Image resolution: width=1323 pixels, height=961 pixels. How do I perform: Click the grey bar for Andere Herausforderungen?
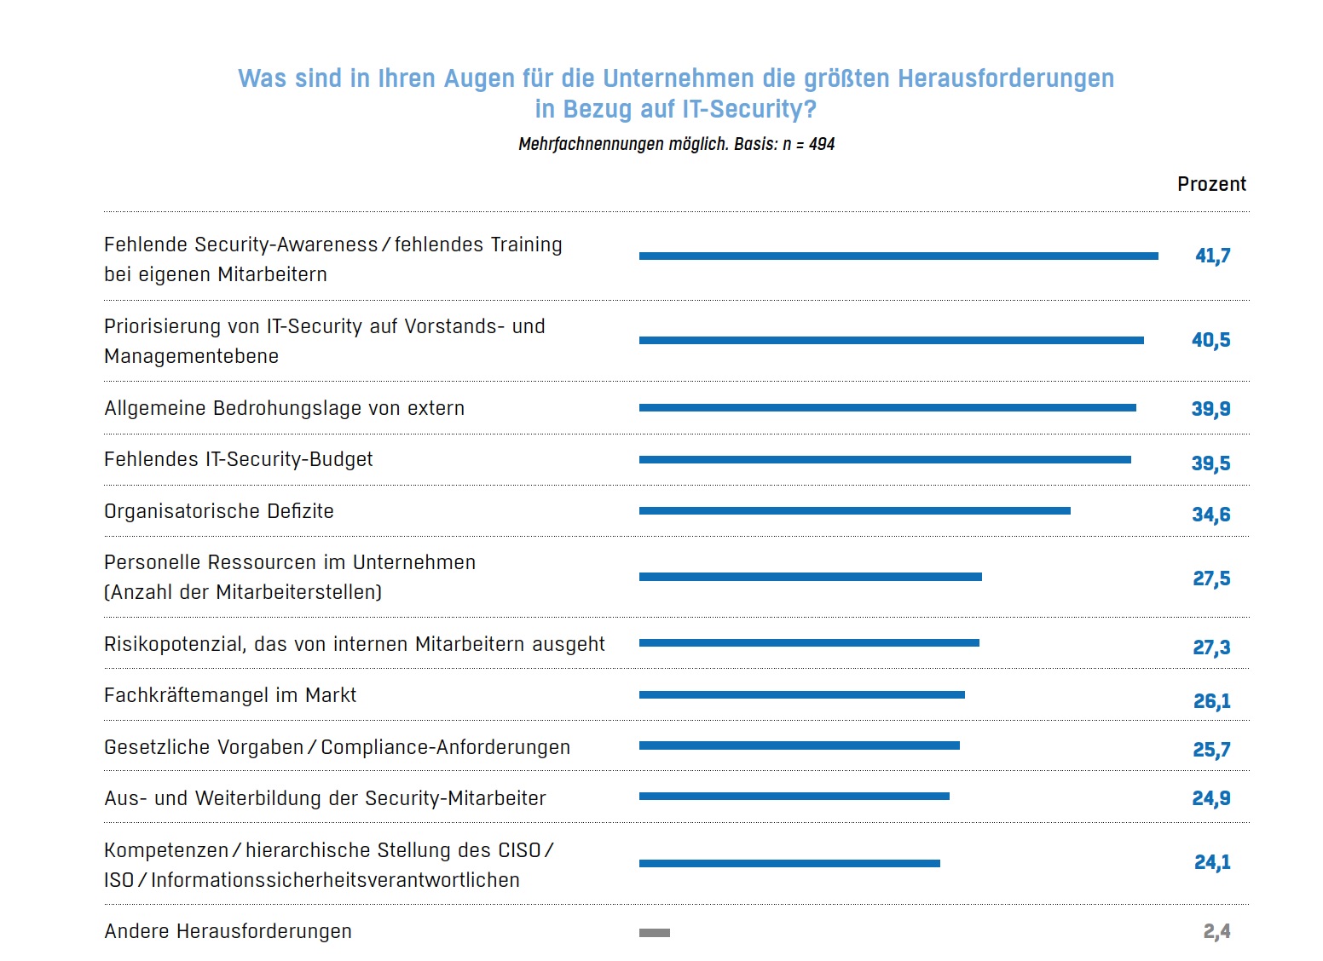pyautogui.click(x=655, y=933)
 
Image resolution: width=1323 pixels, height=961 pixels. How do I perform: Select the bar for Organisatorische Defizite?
pyautogui.click(x=854, y=511)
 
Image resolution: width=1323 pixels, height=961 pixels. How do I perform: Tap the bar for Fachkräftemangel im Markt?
pyautogui.click(x=801, y=695)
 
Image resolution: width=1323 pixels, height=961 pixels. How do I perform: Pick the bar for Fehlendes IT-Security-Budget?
pyautogui.click(x=885, y=460)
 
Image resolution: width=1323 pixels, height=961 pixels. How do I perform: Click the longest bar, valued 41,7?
pyautogui.click(x=898, y=256)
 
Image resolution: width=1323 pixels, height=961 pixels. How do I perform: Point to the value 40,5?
pyautogui.click(x=1210, y=340)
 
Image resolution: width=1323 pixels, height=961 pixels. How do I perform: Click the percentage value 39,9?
pyautogui.click(x=1210, y=409)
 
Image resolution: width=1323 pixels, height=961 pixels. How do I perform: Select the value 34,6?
pyautogui.click(x=1210, y=515)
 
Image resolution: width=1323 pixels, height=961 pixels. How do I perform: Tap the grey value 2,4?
pyautogui.click(x=1216, y=931)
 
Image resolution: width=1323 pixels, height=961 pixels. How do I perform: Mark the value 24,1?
pyautogui.click(x=1212, y=862)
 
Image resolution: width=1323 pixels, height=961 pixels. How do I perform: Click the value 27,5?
pyautogui.click(x=1211, y=578)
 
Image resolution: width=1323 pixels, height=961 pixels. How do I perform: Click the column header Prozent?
pyautogui.click(x=1211, y=184)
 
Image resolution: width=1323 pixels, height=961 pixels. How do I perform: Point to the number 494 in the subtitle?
pyautogui.click(x=822, y=144)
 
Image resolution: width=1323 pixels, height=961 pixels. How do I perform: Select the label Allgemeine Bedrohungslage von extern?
pyautogui.click(x=284, y=408)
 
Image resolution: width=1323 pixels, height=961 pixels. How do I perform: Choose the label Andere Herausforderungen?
pyautogui.click(x=228, y=931)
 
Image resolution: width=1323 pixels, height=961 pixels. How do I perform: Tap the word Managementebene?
pyautogui.click(x=191, y=356)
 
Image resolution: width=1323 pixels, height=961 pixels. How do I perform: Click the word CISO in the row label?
pyautogui.click(x=521, y=850)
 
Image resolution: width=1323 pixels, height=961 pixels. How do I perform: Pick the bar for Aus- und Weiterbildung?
pyautogui.click(x=794, y=797)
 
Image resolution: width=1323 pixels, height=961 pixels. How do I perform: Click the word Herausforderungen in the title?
pyautogui.click(x=1006, y=78)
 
